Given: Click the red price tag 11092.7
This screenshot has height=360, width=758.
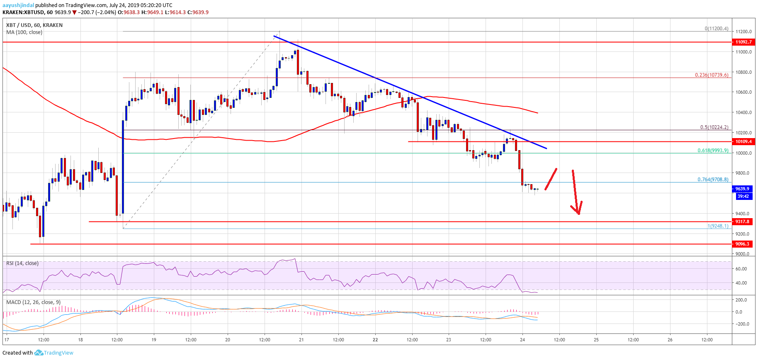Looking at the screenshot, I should coord(743,42).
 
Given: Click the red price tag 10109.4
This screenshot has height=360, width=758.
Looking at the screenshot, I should coord(743,141).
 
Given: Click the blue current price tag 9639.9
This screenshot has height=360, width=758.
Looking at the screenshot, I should coord(742,189).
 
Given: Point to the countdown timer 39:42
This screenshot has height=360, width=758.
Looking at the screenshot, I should coord(743,196).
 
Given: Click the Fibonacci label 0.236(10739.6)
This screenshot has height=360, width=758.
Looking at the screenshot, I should coord(712,75).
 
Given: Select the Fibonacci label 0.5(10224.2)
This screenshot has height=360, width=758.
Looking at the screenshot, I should coord(714,127).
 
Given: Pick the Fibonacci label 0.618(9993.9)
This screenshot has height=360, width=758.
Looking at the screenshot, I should coord(713,151).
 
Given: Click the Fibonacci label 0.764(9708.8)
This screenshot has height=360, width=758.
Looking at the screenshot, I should coord(713,180).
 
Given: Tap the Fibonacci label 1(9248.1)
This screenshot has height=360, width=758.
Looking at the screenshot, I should coord(718,226).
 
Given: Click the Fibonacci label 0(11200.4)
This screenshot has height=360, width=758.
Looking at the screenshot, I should coord(717,29).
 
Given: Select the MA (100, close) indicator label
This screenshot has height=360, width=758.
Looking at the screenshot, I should coord(24,32).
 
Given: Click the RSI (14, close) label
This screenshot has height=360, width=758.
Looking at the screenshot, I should coord(22,263).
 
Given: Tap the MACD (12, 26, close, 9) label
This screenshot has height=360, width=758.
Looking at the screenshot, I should coord(33,302).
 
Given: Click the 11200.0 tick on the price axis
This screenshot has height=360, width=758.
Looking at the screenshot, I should coord(743,32).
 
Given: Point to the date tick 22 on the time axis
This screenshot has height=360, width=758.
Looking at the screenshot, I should coord(375,340).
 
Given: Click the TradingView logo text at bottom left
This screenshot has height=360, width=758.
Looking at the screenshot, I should coord(58,353).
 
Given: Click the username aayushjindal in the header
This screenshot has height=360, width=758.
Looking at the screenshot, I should coord(18,5).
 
